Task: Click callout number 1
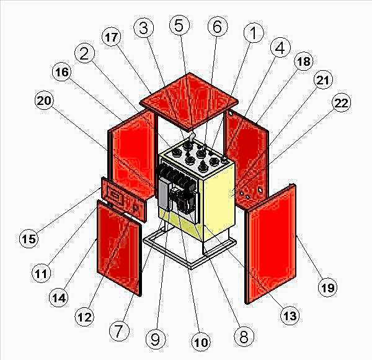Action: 254,33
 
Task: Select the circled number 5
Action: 179,25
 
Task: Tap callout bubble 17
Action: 111,37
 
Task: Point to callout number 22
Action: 341,102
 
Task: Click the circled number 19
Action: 327,287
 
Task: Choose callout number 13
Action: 290,315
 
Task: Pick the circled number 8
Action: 244,336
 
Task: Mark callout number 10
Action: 201,342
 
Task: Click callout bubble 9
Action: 156,339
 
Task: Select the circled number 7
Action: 119,331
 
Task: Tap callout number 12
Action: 84,317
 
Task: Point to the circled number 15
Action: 29,238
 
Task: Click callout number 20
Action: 44,100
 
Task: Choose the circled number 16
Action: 61,72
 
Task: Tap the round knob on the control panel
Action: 135,207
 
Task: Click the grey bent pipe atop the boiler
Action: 192,137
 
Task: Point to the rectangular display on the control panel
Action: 115,196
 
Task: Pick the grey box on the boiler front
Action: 164,195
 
